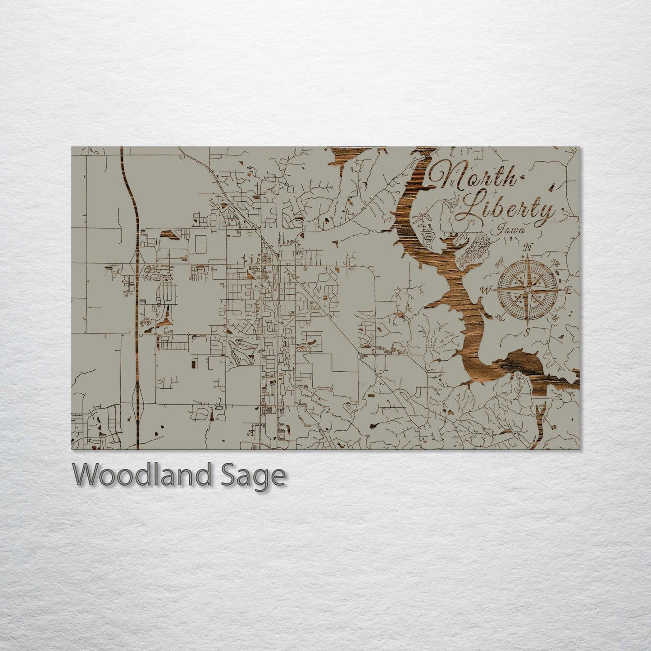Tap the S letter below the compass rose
click(526, 333)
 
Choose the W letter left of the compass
click(486, 290)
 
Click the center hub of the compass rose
click(527, 290)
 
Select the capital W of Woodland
click(87, 475)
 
